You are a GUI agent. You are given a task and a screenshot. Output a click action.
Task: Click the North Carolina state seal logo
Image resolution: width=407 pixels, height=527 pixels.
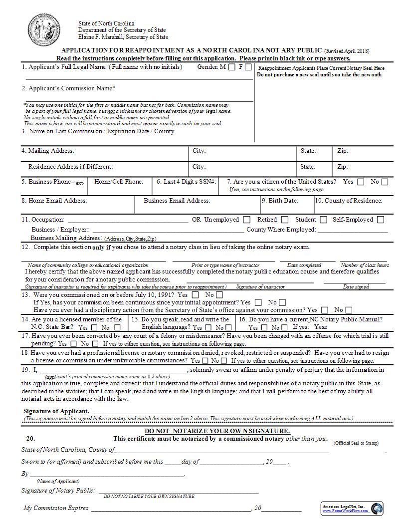[43, 30]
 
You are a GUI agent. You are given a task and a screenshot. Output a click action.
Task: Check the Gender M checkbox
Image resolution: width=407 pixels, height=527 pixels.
[231, 67]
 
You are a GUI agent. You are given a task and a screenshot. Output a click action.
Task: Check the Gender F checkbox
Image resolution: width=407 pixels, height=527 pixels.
[248, 67]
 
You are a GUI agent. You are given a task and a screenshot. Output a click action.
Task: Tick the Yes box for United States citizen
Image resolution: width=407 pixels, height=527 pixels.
[361, 182]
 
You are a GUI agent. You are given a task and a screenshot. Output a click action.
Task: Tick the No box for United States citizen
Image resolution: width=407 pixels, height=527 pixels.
[385, 182]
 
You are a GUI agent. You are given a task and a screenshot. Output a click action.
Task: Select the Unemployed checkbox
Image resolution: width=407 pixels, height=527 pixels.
[246, 220]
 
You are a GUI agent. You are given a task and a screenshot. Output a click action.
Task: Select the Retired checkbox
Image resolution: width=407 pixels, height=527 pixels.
[284, 220]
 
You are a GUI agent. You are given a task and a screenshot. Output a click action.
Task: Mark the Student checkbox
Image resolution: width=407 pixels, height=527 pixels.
[324, 220]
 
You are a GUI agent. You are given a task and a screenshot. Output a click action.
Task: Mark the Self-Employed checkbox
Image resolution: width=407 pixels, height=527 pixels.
[381, 220]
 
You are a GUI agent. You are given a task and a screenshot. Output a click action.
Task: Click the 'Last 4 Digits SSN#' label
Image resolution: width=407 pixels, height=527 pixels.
[186, 182]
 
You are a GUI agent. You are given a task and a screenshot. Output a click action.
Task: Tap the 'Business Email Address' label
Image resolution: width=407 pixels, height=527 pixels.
[177, 201]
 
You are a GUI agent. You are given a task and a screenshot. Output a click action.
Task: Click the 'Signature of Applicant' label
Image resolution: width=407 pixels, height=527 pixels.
[56, 411]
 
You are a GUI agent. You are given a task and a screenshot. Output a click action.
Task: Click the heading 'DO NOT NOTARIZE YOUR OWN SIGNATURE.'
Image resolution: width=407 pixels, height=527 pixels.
[217, 431]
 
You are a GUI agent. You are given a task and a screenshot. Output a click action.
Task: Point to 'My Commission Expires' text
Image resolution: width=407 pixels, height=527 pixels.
[56, 508]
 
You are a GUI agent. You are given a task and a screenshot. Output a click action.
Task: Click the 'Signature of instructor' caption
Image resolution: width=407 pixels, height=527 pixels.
[260, 287]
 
